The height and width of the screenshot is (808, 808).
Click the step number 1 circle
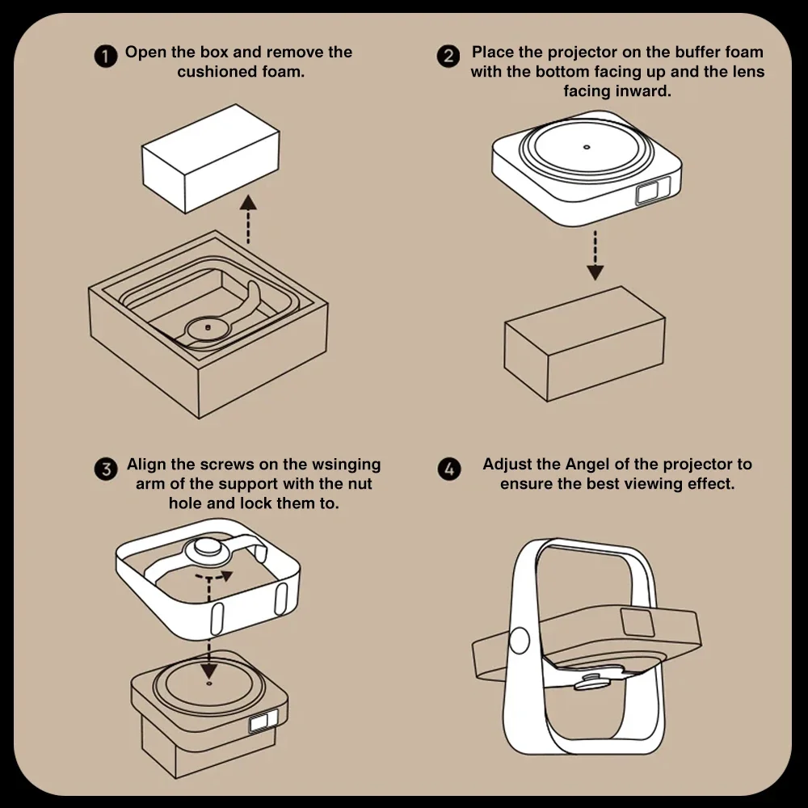point(106,57)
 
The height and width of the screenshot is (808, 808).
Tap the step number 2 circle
point(448,57)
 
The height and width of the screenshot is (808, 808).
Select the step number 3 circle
point(106,469)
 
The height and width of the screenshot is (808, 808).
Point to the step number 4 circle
point(449,469)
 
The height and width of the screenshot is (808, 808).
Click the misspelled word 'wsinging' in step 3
point(347,465)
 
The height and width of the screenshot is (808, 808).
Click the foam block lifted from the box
point(211,158)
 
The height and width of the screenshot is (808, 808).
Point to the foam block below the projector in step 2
point(584,343)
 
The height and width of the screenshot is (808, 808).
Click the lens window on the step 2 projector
point(654,190)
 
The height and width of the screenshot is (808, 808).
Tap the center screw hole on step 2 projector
point(587,147)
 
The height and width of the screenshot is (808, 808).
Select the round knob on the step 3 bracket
point(205,550)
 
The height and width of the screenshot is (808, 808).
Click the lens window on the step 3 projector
point(263,721)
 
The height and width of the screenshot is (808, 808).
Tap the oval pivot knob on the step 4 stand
point(520,641)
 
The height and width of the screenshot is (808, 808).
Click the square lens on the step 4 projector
point(638,621)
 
